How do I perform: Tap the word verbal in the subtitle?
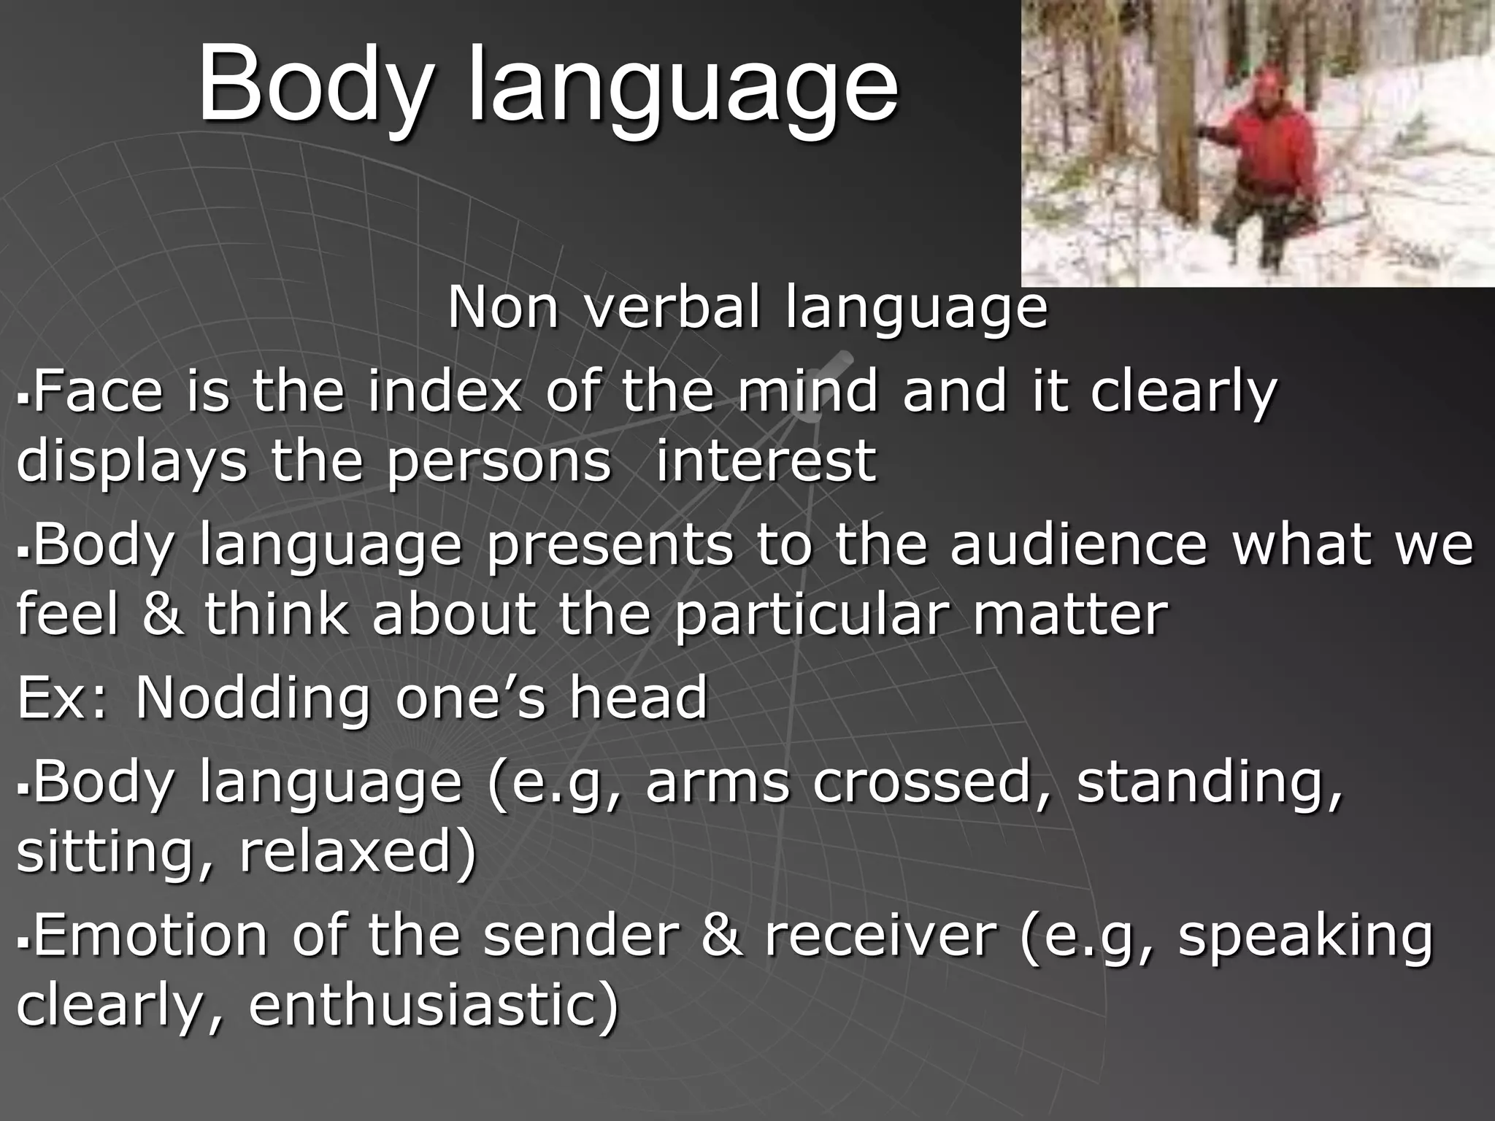click(x=673, y=307)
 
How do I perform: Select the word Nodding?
click(x=253, y=698)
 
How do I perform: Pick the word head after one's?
click(x=638, y=698)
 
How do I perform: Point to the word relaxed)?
click(x=358, y=852)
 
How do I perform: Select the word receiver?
click(x=880, y=936)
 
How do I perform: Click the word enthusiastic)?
click(x=434, y=1006)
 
